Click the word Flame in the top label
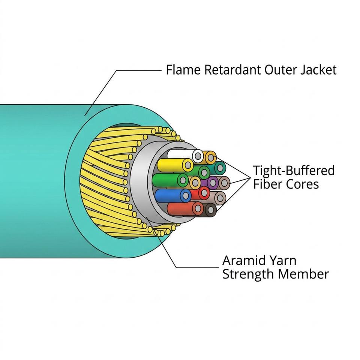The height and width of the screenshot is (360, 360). click(x=183, y=70)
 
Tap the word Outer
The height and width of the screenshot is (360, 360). click(x=281, y=70)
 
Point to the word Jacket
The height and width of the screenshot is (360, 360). click(x=319, y=70)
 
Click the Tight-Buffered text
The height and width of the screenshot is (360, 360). click(x=294, y=171)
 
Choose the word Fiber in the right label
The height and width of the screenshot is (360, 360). click(x=268, y=184)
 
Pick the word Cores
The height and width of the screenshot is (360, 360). click(x=302, y=184)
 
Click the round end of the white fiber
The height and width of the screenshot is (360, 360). click(x=198, y=156)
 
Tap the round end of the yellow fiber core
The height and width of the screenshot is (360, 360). click(x=188, y=165)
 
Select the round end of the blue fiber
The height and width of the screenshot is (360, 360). click(x=186, y=196)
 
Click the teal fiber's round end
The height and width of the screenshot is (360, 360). click(x=220, y=168)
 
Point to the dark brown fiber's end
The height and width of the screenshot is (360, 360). click(x=210, y=209)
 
